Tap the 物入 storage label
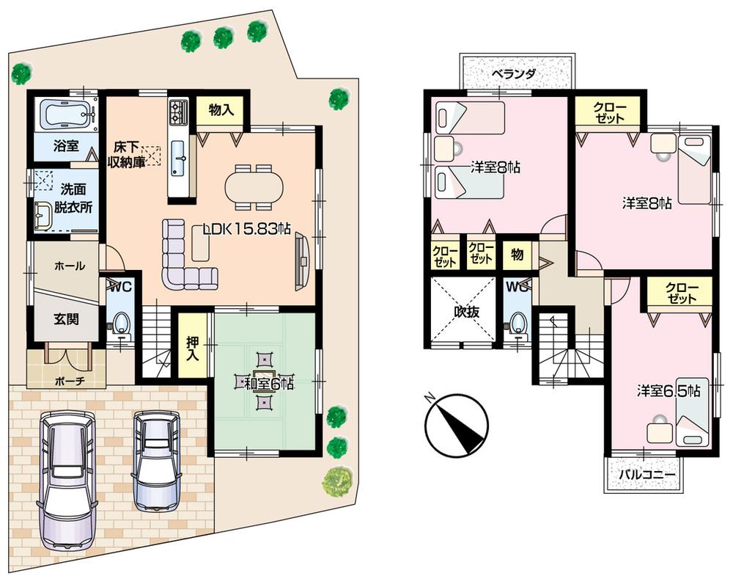pos(221,111)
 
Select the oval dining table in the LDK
pos(253,185)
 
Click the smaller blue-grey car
pos(157,460)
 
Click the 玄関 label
pos(66,319)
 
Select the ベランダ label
pos(513,74)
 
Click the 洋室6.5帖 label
pos(668,391)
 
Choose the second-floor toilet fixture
pos(519,324)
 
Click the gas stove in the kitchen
pos(179,111)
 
